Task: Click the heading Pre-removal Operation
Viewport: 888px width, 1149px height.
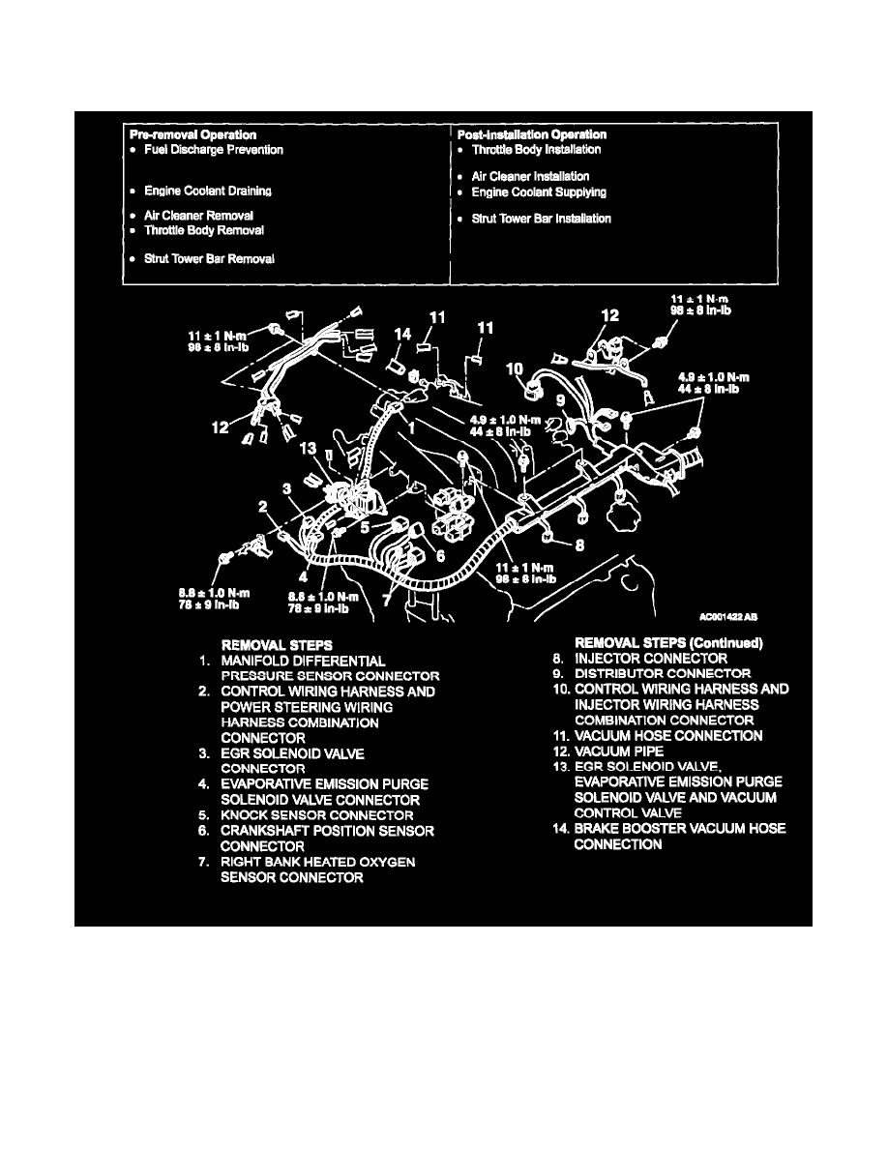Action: click(x=192, y=134)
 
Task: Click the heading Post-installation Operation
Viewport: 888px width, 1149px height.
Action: click(x=532, y=134)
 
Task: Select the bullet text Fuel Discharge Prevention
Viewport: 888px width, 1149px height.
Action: click(x=214, y=150)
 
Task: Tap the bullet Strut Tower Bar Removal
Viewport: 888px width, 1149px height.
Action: click(x=209, y=259)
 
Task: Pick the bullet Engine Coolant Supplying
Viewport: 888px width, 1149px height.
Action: click(x=539, y=191)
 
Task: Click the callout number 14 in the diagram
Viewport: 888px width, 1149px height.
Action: click(x=402, y=334)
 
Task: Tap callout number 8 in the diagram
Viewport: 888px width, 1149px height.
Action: click(x=579, y=545)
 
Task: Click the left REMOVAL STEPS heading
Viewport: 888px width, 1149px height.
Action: click(x=277, y=643)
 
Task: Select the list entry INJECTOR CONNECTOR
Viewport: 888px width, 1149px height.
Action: click(x=650, y=659)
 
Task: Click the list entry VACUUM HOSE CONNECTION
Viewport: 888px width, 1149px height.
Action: click(x=667, y=736)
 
